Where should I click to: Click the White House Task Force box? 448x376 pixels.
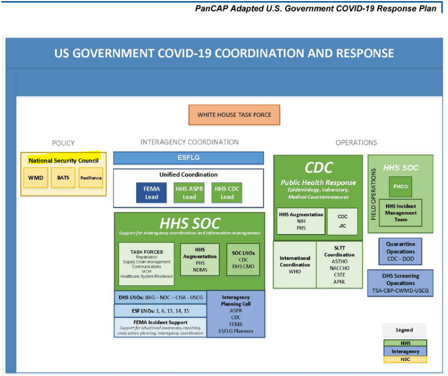(235, 115)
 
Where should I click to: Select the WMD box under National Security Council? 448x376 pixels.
(36, 178)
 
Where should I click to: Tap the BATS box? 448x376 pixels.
(63, 178)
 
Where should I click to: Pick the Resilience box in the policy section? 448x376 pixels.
(91, 178)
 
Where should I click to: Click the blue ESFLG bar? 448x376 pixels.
(188, 158)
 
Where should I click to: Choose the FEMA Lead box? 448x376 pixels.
(151, 193)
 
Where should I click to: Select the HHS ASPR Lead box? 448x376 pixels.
(189, 193)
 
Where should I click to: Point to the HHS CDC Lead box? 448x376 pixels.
(227, 193)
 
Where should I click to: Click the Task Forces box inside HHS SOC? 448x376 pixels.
(147, 264)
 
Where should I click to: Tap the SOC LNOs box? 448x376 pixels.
(243, 259)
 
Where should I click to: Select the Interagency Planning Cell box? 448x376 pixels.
(236, 314)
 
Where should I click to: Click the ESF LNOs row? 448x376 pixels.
(160, 311)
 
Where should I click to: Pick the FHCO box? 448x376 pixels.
(401, 187)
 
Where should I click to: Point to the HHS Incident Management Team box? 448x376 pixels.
(401, 213)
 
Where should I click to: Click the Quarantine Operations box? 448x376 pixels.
(400, 252)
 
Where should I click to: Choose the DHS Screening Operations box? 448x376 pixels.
(400, 283)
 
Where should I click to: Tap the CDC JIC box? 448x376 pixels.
(342, 221)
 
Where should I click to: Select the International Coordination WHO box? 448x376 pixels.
(295, 265)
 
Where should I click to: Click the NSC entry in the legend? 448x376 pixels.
(405, 359)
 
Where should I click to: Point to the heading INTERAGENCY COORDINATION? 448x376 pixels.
(190, 142)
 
